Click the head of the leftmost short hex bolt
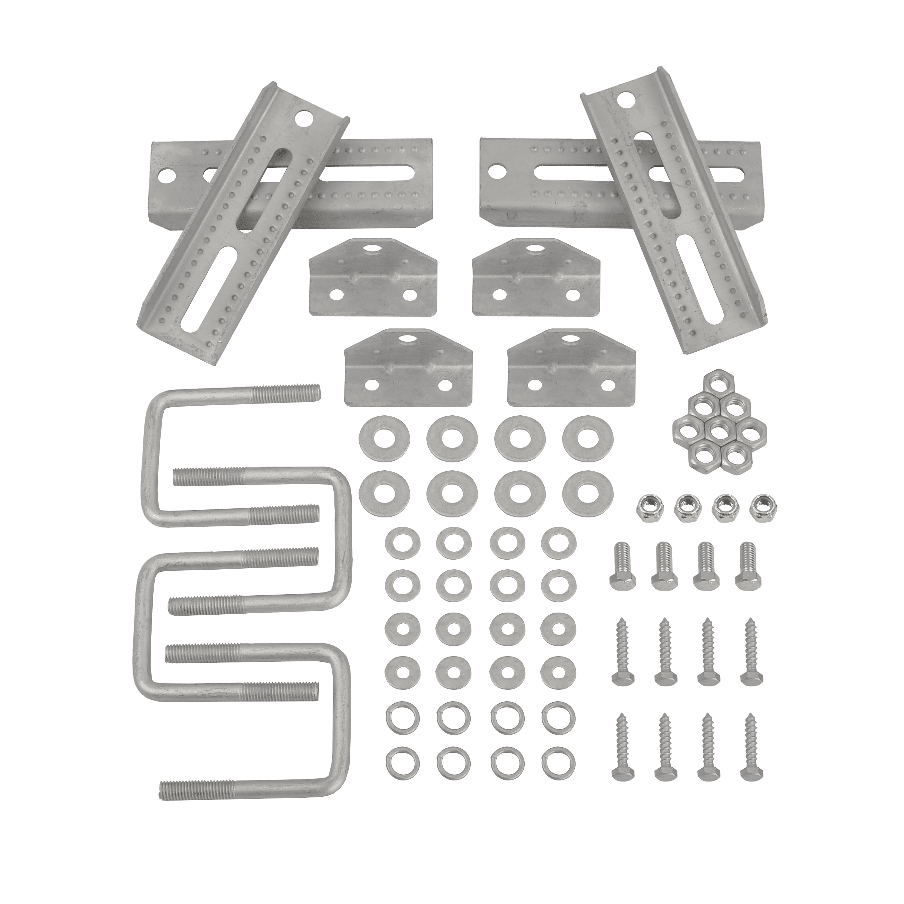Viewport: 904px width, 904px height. tap(622, 582)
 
